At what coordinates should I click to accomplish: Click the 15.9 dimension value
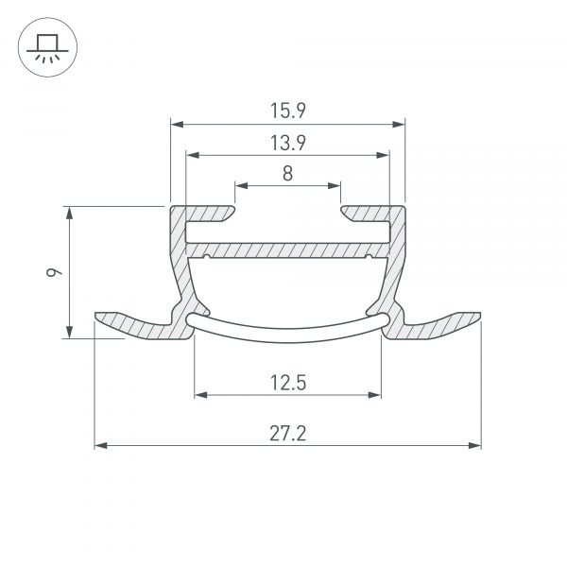[287, 111]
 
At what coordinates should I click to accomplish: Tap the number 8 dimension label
[287, 173]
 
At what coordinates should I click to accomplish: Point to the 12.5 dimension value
[287, 383]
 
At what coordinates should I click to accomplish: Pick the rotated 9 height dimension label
[56, 272]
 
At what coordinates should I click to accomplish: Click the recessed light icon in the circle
[44, 46]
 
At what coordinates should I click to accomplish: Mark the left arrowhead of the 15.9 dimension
[176, 123]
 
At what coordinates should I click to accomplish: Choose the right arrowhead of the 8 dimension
[335, 185]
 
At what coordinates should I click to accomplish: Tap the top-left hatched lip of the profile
[203, 213]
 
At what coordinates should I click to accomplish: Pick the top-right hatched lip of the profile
[371, 213]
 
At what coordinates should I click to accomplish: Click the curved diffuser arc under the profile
[287, 325]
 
